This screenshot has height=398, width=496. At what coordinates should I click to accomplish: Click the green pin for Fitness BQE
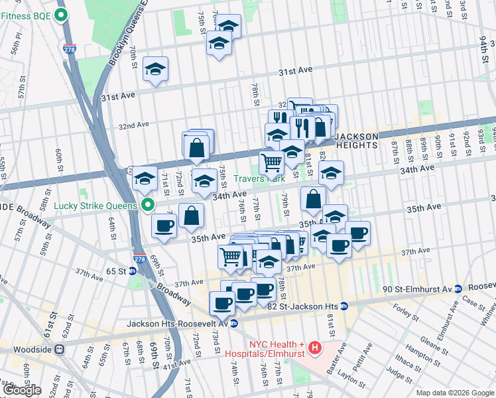click(x=62, y=15)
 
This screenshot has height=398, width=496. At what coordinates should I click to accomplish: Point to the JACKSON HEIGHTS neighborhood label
click(x=356, y=141)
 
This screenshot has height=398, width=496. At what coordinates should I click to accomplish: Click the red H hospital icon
click(x=315, y=347)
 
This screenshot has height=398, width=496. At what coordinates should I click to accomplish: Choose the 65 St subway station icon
click(x=133, y=271)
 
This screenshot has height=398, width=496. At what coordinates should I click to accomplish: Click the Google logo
click(x=21, y=389)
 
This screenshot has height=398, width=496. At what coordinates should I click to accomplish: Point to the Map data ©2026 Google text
click(x=455, y=393)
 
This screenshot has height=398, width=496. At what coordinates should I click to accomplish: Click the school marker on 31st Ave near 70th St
click(x=155, y=69)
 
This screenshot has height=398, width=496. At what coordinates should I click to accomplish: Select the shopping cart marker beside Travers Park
click(x=271, y=161)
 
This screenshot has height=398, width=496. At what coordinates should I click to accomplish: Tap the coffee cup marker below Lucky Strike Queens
click(x=164, y=225)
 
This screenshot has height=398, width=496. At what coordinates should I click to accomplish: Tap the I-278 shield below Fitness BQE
click(x=70, y=48)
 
